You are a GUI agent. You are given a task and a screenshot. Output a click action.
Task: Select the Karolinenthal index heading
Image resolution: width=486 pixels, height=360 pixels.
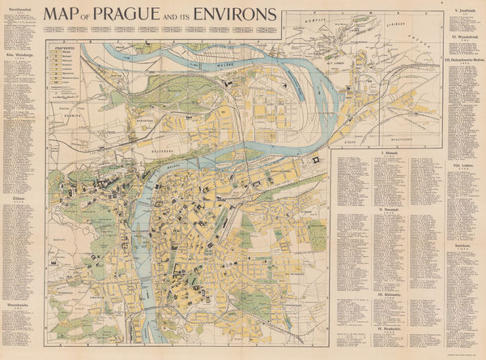19,9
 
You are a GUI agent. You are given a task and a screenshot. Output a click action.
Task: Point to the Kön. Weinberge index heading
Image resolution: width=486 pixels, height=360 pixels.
19,56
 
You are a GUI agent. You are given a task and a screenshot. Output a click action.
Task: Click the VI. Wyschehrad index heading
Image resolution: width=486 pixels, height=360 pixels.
465,37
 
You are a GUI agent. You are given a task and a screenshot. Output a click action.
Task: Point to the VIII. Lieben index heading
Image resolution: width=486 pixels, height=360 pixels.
465,165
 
